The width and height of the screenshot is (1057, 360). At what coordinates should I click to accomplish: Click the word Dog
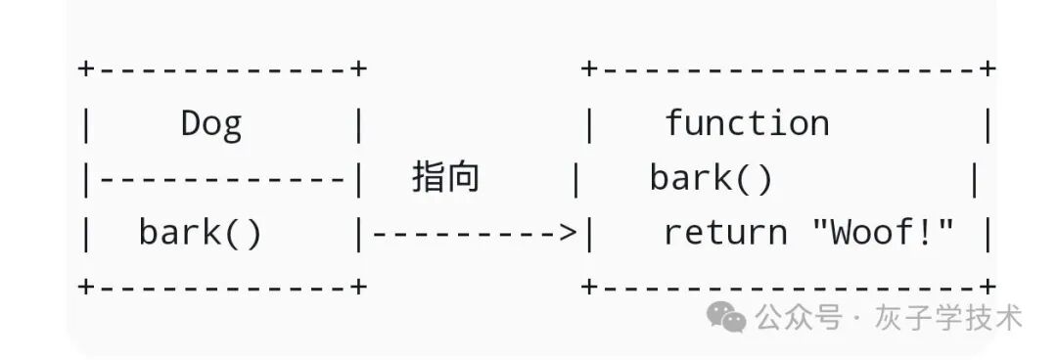point(211,124)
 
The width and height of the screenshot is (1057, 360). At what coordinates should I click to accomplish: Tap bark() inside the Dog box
point(201,233)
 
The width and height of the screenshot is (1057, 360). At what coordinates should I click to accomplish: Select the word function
point(747,123)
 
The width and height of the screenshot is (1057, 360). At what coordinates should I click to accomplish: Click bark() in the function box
point(712,178)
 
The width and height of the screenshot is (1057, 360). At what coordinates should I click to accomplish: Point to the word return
point(725,233)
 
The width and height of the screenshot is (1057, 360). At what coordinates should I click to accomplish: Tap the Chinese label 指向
point(445,178)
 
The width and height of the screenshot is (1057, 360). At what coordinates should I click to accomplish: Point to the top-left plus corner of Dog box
point(86,69)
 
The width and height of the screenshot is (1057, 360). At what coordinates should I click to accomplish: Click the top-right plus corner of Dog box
point(359,69)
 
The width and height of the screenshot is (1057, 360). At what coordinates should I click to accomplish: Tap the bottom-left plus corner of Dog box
point(86,287)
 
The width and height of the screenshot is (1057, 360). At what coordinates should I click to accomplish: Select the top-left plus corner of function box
point(588,69)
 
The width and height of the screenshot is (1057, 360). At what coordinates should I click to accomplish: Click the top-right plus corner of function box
point(988,69)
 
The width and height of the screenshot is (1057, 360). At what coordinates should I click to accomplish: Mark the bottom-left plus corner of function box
point(588,287)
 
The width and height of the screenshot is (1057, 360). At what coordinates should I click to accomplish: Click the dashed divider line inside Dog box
point(223,179)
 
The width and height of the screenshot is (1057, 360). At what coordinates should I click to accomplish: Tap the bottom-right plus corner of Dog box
point(359,287)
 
